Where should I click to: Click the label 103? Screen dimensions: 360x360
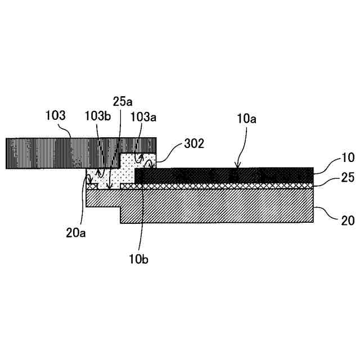coord(56,116)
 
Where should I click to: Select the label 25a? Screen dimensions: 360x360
coord(123,102)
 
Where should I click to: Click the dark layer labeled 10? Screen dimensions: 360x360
coord(225,175)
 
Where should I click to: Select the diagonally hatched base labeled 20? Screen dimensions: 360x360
coord(225,205)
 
